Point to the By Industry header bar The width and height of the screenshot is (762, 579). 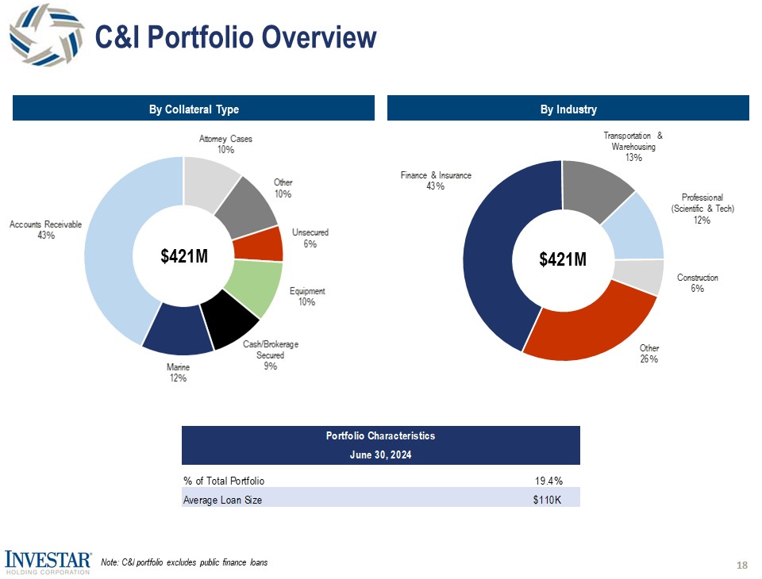click(x=568, y=109)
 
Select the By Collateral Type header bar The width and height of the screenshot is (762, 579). click(x=194, y=109)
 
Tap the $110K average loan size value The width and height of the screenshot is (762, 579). click(x=548, y=500)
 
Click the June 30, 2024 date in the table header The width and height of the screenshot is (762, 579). click(x=381, y=455)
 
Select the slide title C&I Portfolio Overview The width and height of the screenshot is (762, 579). click(x=235, y=36)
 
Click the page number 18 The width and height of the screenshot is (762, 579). click(x=742, y=565)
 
